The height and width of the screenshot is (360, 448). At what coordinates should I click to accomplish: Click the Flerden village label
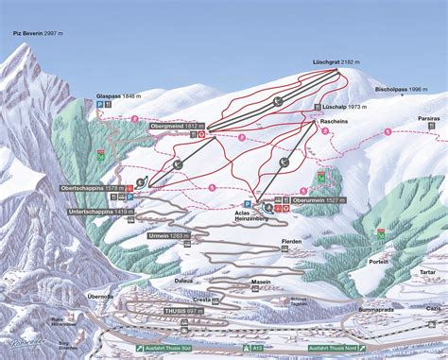(x=291, y=242)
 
